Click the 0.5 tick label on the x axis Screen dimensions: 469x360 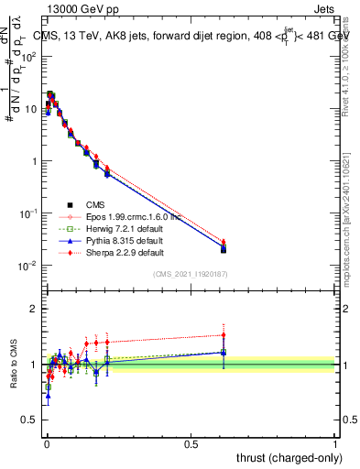point(191,443)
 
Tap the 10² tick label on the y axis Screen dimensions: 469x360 point(27,56)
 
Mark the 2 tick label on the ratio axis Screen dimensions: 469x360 point(35,309)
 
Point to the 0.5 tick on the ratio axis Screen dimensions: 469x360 point(31,420)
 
